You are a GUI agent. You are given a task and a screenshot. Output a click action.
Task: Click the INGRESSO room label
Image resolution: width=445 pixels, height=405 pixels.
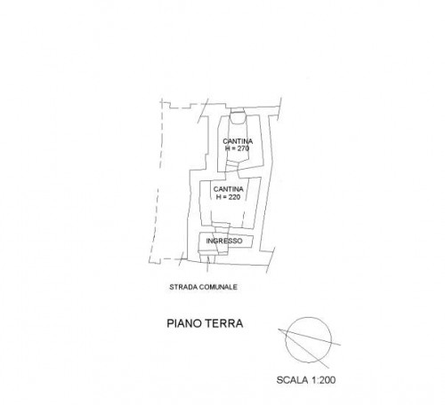pyautogui.click(x=224, y=241)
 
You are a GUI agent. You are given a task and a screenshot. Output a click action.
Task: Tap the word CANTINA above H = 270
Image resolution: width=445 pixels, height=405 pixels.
pyautogui.click(x=238, y=141)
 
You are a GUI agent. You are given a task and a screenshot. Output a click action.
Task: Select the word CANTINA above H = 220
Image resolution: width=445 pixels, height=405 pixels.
pyautogui.click(x=229, y=189)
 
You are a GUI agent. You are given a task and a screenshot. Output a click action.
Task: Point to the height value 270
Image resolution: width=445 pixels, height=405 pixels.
pyautogui.click(x=243, y=148)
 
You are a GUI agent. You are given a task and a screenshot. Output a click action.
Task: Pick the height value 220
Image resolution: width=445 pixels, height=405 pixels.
pyautogui.click(x=234, y=197)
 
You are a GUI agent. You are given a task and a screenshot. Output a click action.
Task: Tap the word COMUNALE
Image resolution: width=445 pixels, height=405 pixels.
pyautogui.click(x=218, y=287)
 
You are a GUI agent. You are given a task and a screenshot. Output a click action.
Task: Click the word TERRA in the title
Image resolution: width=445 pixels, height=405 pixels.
pyautogui.click(x=225, y=323)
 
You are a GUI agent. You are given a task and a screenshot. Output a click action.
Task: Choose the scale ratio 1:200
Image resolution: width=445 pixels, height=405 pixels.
pyautogui.click(x=323, y=380)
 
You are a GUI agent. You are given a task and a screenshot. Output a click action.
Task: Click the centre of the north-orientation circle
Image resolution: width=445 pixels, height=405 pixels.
pyautogui.click(x=309, y=340)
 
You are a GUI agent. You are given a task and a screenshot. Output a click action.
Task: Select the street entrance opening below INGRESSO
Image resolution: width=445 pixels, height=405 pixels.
pyautogui.click(x=207, y=258)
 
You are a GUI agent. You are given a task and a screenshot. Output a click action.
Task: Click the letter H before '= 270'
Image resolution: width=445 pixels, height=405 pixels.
pyautogui.click(x=228, y=148)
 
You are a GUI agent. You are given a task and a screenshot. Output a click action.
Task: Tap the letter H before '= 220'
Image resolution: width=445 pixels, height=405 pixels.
pyautogui.click(x=218, y=197)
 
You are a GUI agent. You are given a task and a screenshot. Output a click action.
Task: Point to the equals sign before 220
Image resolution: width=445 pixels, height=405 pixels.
pyautogui.click(x=224, y=197)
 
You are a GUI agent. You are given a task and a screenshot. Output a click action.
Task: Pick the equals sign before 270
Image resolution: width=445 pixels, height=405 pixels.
pyautogui.click(x=233, y=148)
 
